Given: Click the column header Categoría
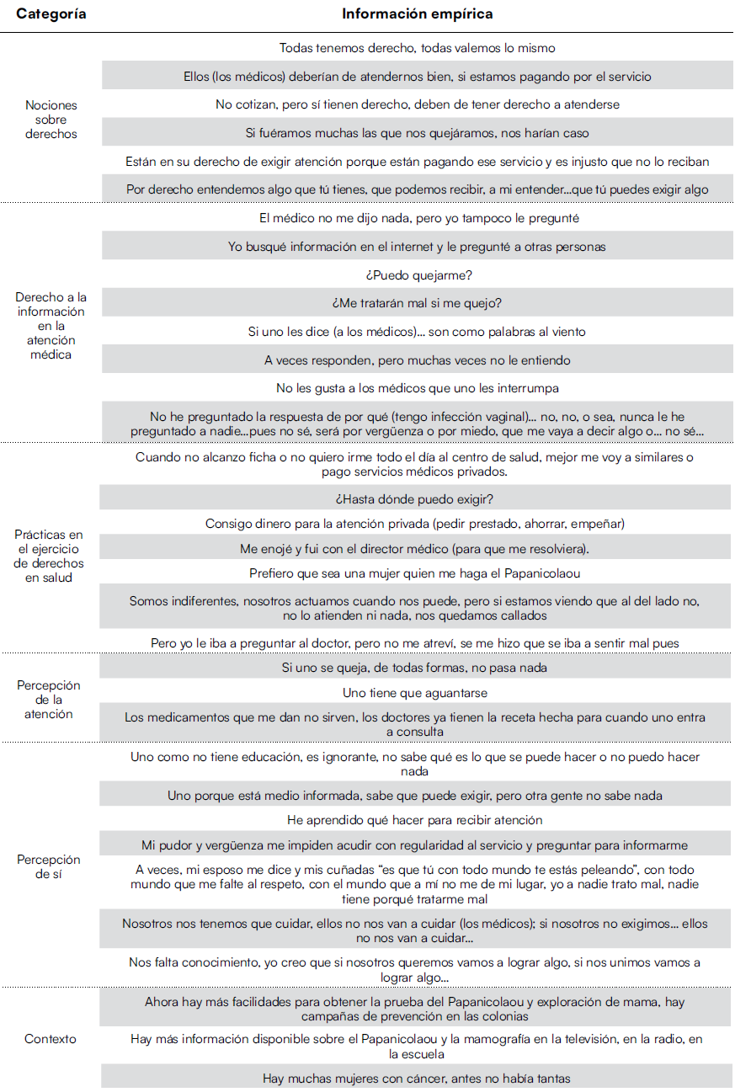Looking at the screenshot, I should pyautogui.click(x=51, y=14).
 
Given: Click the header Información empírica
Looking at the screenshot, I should pyautogui.click(x=417, y=14).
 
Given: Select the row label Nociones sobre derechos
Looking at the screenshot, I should pyautogui.click(x=51, y=120).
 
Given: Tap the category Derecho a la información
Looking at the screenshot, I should pyautogui.click(x=51, y=326).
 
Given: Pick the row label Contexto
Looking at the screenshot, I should pyautogui.click(x=51, y=1039).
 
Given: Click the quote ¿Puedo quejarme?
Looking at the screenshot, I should pyautogui.click(x=417, y=274).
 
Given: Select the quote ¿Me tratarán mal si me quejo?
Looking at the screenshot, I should pyautogui.click(x=417, y=303).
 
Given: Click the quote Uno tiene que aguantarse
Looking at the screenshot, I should pyautogui.click(x=417, y=693).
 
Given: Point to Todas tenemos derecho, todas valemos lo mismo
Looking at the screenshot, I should pyautogui.click(x=417, y=48).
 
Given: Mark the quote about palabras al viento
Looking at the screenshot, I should pyautogui.click(x=417, y=332).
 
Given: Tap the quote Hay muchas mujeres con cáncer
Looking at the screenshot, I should pyautogui.click(x=417, y=1078).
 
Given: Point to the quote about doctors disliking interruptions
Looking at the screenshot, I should pyautogui.click(x=417, y=388).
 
